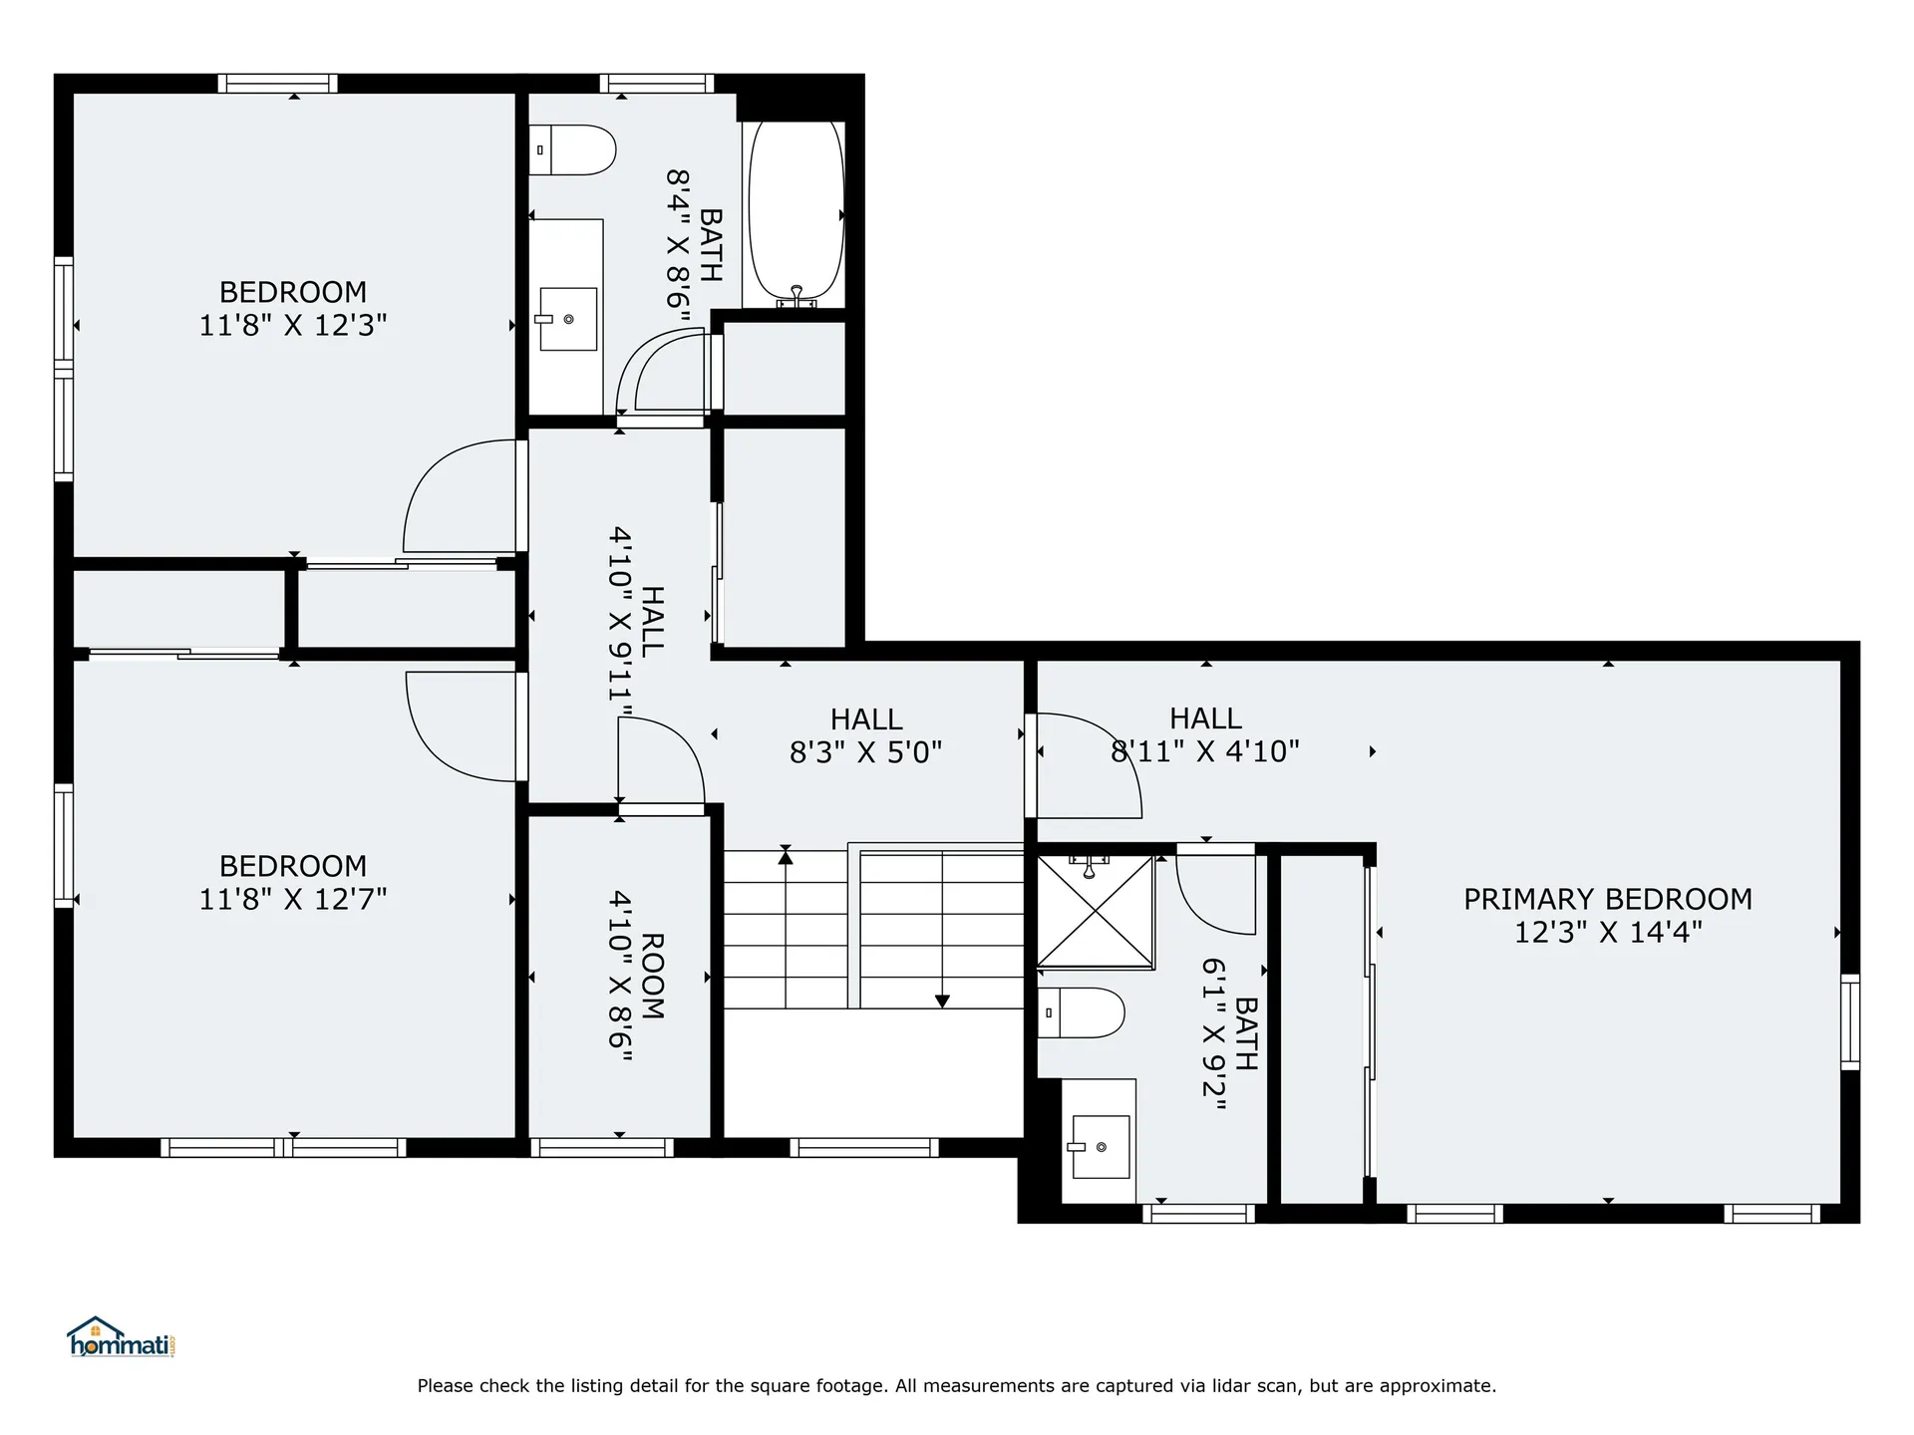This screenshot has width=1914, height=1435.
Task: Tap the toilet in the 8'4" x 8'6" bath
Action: [x=573, y=149]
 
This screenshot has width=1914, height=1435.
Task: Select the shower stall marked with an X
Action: [x=1095, y=911]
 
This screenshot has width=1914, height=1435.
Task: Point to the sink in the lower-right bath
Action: [x=1100, y=1146]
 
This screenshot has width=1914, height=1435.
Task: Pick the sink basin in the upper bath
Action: [x=567, y=319]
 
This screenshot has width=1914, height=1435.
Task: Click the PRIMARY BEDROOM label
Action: [x=1607, y=899]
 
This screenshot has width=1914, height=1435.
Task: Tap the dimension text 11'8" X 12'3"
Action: [x=292, y=326]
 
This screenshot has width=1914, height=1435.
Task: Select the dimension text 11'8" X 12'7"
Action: [x=292, y=899]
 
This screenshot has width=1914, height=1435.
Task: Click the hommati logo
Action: [x=121, y=1338]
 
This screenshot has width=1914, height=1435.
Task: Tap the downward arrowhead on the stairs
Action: [x=942, y=1002]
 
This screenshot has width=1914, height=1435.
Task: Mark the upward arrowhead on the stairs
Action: [x=786, y=855]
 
